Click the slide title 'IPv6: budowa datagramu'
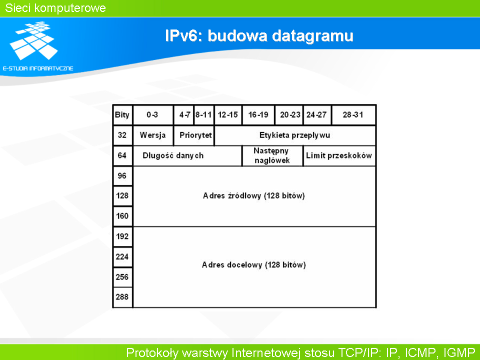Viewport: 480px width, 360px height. (259, 35)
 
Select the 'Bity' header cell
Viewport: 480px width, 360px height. (122, 115)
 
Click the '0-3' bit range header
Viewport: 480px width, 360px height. (152, 115)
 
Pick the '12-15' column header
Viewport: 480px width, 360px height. (228, 115)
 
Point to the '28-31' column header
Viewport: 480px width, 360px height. (353, 115)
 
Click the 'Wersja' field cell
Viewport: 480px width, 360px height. (153, 135)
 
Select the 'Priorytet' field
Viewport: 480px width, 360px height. (195, 135)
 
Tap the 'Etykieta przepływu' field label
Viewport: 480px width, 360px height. (295, 135)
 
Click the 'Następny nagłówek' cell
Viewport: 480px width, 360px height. (272, 155)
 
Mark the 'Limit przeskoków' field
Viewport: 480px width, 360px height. (339, 155)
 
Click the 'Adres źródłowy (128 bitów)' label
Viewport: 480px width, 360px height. (254, 195)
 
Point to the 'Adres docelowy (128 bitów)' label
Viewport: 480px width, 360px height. (254, 265)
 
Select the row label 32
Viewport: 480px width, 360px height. (122, 135)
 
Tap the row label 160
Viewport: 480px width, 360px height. (122, 216)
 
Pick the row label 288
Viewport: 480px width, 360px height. (122, 296)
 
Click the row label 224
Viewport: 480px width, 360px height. (122, 256)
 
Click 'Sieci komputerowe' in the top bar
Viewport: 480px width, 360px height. (55, 8)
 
